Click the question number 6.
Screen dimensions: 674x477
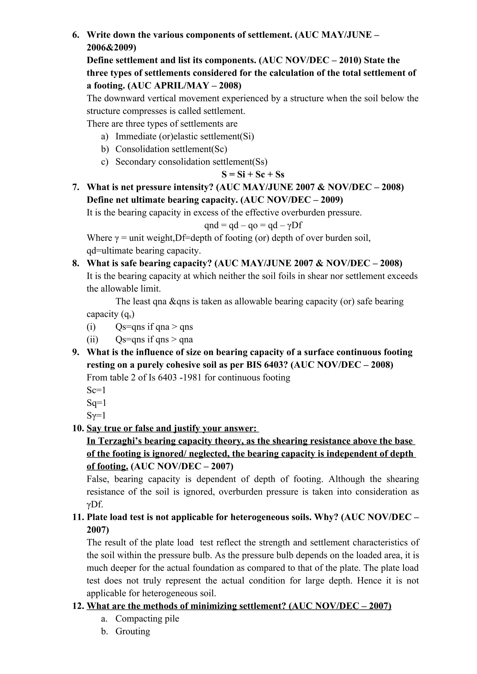click(76, 35)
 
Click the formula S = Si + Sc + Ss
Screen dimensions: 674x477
click(253, 174)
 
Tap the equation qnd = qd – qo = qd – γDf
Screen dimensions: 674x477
click(253, 225)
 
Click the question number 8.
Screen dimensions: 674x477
click(76, 263)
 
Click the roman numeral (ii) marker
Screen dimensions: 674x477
click(92, 339)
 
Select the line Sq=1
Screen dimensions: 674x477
click(96, 403)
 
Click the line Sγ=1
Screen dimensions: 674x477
click(96, 415)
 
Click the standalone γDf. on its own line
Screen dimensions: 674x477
click(95, 504)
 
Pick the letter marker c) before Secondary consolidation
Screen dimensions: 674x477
click(105, 162)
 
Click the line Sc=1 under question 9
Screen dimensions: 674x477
click(96, 390)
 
